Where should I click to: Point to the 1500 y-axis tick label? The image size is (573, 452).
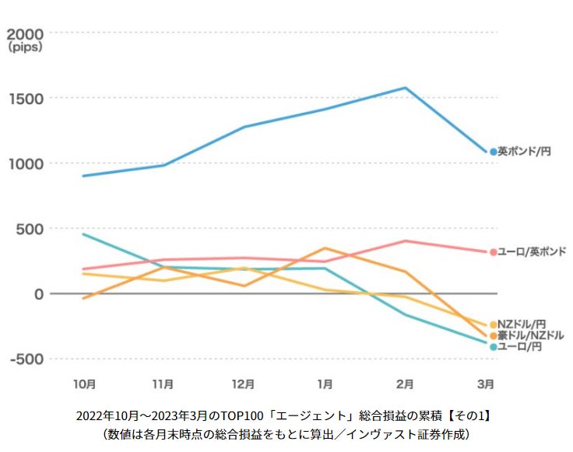(25, 99)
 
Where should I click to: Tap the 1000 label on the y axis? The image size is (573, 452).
(25, 163)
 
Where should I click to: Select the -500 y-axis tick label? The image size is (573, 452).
(25, 359)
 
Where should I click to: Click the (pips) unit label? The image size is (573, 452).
(25, 47)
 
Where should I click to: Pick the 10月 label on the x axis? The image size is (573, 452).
(84, 384)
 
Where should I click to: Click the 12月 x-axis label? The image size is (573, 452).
(244, 384)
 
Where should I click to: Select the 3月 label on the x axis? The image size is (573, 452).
(485, 384)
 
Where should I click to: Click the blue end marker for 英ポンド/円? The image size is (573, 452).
(493, 152)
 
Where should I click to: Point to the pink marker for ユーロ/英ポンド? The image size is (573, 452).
(493, 252)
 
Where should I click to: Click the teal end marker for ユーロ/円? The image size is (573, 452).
(493, 347)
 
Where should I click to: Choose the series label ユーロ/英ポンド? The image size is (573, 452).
(532, 252)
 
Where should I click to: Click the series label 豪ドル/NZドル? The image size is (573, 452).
(531, 335)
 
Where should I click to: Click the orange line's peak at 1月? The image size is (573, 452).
(325, 248)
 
